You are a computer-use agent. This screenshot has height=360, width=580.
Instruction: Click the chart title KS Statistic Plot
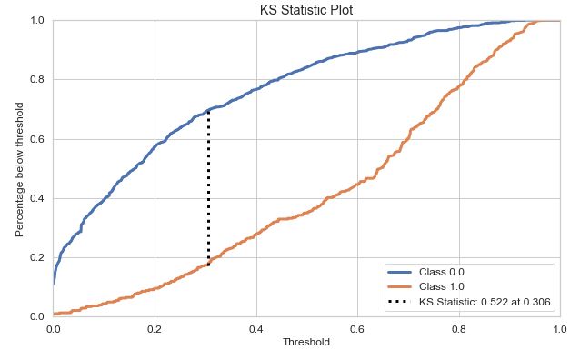[306, 10]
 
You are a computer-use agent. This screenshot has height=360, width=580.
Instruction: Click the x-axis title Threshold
[306, 343]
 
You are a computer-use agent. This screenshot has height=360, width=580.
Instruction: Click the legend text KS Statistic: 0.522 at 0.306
[485, 302]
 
